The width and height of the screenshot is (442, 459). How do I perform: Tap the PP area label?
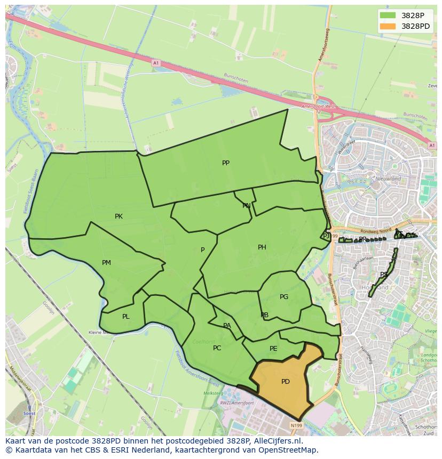(226, 163)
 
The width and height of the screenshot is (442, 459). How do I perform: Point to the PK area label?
(119, 216)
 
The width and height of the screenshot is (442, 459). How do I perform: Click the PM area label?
(106, 263)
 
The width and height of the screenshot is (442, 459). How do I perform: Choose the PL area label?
(125, 317)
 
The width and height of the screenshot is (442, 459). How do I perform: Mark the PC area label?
(217, 348)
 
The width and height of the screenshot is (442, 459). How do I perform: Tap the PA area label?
(227, 326)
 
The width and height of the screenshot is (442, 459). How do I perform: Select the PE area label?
(273, 349)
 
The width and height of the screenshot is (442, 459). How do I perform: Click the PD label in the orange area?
(286, 382)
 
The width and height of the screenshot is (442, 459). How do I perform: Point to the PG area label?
(284, 297)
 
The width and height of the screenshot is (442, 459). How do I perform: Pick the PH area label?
(262, 247)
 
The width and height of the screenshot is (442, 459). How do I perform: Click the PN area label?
(246, 206)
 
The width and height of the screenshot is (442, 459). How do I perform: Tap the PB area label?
(264, 315)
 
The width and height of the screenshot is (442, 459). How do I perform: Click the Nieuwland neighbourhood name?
(388, 179)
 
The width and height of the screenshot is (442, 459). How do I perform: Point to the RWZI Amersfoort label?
(235, 403)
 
